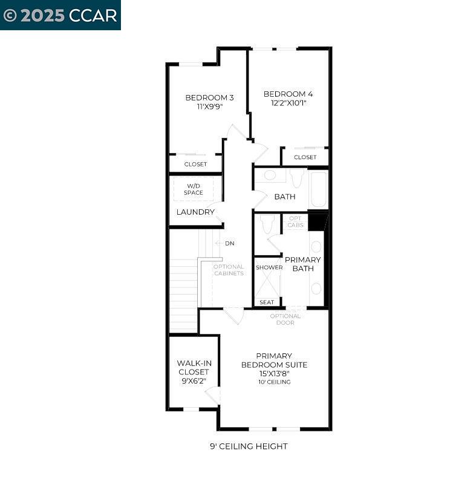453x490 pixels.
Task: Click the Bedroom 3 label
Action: pyautogui.click(x=209, y=97)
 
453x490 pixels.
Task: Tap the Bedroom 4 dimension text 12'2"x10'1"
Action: pyautogui.click(x=288, y=103)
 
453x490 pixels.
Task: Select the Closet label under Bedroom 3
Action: pyautogui.click(x=195, y=164)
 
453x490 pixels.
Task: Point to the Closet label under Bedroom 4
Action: pyautogui.click(x=305, y=157)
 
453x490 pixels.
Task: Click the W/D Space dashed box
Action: pyautogui.click(x=194, y=189)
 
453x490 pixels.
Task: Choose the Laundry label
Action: pyautogui.click(x=195, y=212)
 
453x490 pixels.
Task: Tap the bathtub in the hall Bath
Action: pyautogui.click(x=318, y=188)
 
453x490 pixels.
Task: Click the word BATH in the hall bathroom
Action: pyautogui.click(x=284, y=197)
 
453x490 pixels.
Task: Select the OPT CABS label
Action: pyautogui.click(x=295, y=221)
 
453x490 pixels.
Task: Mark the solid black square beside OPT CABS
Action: pyautogui.click(x=316, y=221)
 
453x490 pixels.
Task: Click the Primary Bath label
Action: pyautogui.click(x=302, y=264)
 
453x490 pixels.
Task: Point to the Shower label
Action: pyautogui.click(x=269, y=267)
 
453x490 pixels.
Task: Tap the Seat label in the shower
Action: pyautogui.click(x=267, y=302)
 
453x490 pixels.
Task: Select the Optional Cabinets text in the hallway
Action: pyautogui.click(x=229, y=270)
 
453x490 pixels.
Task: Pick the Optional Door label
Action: pyautogui.click(x=285, y=319)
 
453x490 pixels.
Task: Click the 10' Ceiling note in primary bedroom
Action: pyautogui.click(x=274, y=382)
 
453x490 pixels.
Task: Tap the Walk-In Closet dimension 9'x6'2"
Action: pyautogui.click(x=194, y=381)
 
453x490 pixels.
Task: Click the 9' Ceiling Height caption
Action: pyautogui.click(x=248, y=446)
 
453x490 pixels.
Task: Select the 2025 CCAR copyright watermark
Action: pyautogui.click(x=60, y=15)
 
